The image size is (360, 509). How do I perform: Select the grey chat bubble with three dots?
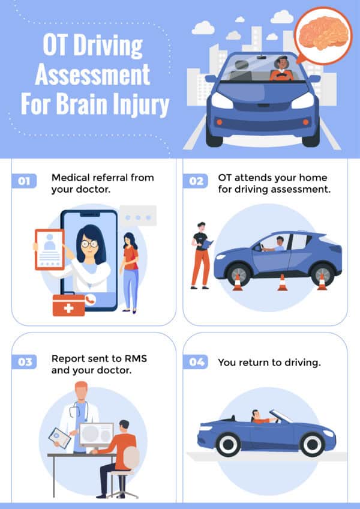pos(137,215)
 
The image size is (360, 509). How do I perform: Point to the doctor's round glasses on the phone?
pos(89,244)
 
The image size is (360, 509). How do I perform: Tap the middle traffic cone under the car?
pos(282,282)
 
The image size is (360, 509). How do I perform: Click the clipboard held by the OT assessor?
pos(206,244)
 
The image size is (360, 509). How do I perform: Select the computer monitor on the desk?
pos(96,434)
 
